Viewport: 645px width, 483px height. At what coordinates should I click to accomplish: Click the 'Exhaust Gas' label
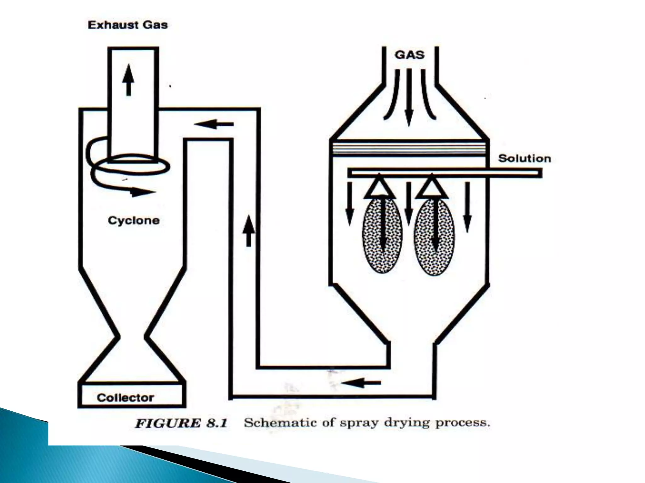click(x=128, y=25)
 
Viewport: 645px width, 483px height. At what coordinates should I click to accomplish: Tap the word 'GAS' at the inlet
click(x=409, y=55)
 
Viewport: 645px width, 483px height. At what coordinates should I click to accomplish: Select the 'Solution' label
click(x=524, y=158)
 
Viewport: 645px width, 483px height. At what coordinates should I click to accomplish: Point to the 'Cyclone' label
click(x=134, y=220)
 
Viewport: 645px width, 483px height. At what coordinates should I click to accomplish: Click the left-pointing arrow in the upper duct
click(x=214, y=124)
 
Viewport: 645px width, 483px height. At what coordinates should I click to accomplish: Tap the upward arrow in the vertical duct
click(x=248, y=231)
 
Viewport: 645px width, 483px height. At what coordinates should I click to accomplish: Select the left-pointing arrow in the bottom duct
click(x=361, y=383)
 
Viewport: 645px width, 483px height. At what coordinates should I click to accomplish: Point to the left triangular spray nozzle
click(x=379, y=188)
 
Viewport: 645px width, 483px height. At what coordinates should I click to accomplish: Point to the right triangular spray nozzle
click(x=431, y=188)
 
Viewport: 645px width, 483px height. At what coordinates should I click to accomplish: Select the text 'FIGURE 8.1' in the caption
click(x=181, y=423)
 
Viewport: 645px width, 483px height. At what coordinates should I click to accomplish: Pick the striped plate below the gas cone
click(x=409, y=148)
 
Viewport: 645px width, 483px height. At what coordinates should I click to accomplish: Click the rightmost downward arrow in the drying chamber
click(x=467, y=208)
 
